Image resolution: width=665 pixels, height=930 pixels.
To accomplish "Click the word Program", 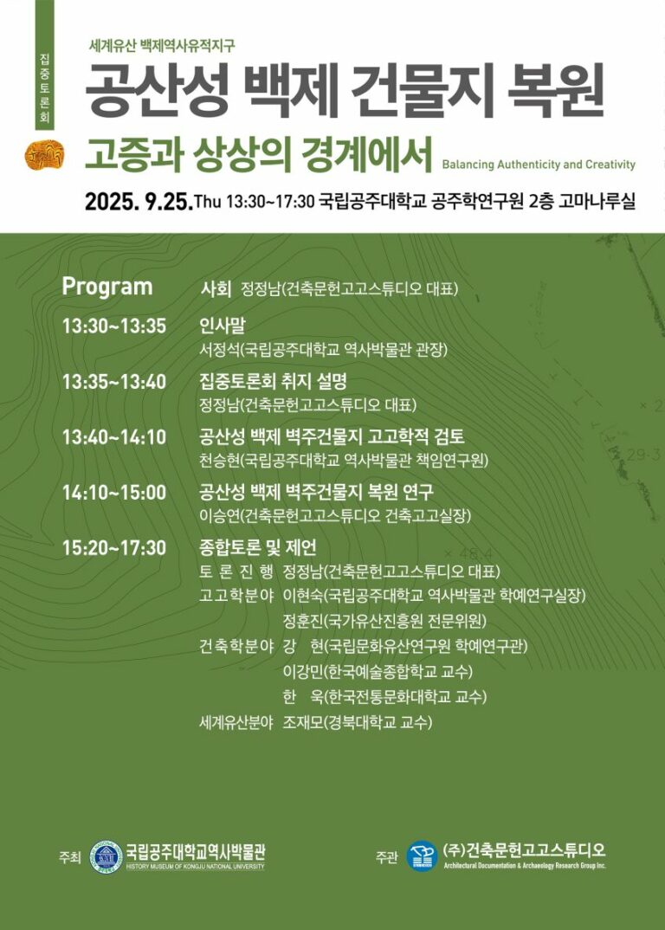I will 107,287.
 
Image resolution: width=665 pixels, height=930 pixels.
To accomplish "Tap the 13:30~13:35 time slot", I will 113,326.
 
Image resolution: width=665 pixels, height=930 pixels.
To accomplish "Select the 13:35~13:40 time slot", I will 113,382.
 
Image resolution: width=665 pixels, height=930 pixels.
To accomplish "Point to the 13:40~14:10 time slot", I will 113,437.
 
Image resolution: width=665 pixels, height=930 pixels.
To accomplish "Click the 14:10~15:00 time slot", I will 113,493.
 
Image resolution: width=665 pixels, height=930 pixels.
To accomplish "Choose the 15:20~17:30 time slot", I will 113,547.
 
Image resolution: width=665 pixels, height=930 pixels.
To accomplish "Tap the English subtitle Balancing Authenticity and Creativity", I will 538,165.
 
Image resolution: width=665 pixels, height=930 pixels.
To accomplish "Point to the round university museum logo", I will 106,857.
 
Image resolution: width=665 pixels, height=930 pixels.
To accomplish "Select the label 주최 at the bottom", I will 68,858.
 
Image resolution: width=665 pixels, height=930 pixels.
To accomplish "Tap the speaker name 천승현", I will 218,460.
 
